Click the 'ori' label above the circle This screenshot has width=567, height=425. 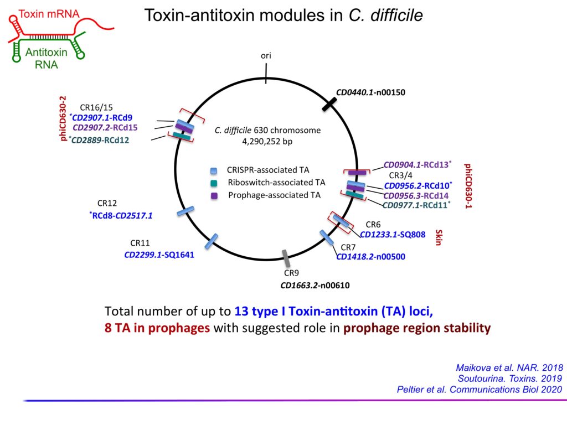click(x=266, y=55)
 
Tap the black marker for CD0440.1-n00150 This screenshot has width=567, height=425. click(x=330, y=103)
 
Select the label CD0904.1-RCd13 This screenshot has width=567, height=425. click(x=417, y=164)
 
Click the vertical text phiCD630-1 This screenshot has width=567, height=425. click(x=468, y=185)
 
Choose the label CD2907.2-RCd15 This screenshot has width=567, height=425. click(x=105, y=127)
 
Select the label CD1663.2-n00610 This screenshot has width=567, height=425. click(x=315, y=286)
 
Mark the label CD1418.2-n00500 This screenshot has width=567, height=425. click(x=371, y=256)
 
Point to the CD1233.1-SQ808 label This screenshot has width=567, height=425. click(x=393, y=235)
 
